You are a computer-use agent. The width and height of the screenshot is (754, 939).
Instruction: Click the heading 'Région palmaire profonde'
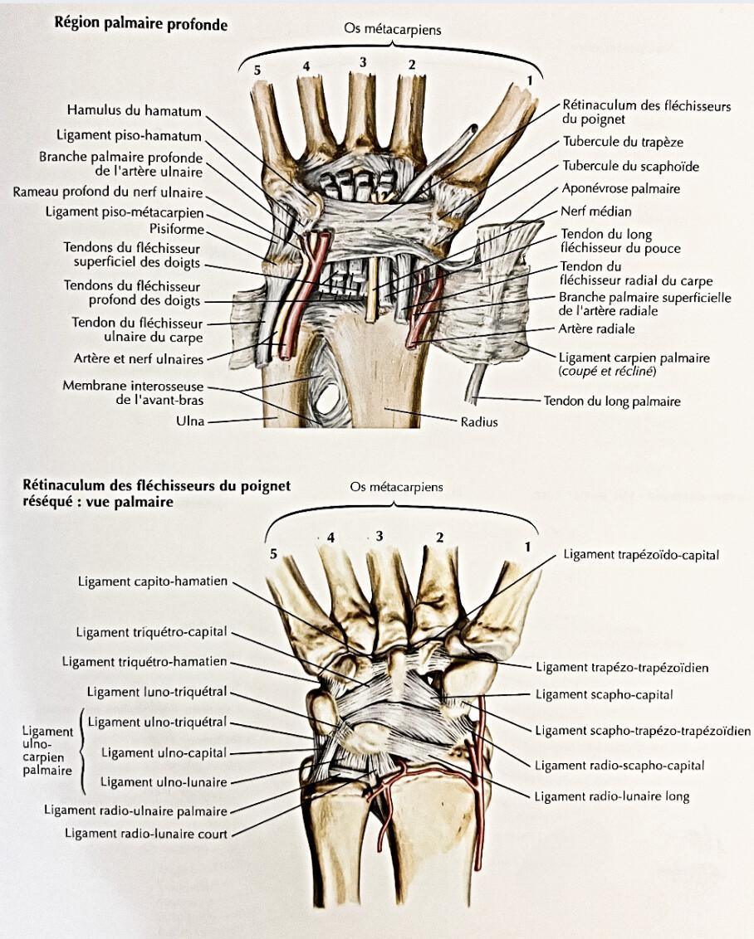click(141, 24)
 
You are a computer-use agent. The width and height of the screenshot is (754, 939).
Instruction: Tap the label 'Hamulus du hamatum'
click(134, 110)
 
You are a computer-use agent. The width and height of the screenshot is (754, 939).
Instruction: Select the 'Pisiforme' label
click(177, 230)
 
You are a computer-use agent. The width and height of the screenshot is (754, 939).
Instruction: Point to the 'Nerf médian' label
click(595, 211)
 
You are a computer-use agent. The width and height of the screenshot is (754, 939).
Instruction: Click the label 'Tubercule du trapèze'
click(623, 142)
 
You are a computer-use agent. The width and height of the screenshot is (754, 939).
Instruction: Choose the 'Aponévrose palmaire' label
click(621, 188)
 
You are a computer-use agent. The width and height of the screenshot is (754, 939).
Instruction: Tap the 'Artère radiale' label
click(596, 328)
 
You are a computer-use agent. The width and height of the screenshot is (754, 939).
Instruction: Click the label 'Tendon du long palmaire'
click(612, 401)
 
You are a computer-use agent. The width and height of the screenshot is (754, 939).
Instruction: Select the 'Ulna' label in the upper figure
click(190, 421)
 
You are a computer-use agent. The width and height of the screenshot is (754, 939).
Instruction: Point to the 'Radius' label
click(479, 421)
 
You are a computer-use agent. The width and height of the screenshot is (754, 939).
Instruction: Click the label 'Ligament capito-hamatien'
click(153, 581)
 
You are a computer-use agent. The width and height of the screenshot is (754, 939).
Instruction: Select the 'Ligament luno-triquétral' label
click(157, 692)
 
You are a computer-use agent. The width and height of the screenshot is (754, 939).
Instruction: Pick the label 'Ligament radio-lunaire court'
click(146, 833)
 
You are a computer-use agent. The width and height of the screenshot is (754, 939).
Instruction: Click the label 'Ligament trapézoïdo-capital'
click(641, 555)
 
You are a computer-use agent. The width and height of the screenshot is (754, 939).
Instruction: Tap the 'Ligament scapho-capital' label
click(605, 694)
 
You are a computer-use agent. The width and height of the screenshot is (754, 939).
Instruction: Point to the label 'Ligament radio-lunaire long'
click(612, 795)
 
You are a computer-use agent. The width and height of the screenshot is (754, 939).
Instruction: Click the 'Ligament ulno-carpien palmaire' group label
click(47, 751)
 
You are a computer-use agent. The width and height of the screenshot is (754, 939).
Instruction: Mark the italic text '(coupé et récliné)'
click(607, 372)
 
